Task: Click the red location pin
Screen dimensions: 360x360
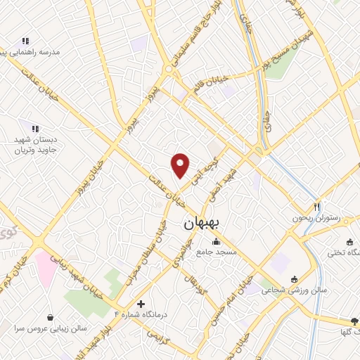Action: [x=181, y=165]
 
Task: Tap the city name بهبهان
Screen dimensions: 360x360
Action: [x=202, y=224]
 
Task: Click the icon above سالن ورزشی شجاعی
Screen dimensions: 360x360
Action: [x=293, y=278]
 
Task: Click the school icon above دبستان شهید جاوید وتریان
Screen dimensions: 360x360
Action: [x=33, y=128]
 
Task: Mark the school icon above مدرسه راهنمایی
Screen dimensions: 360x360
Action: [x=26, y=41]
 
